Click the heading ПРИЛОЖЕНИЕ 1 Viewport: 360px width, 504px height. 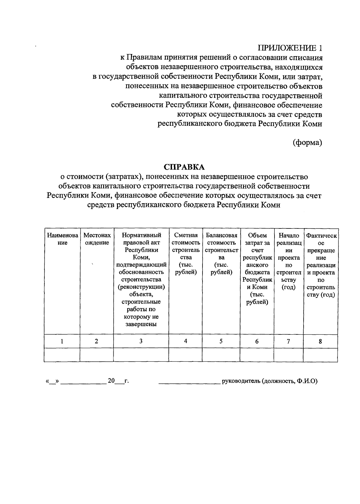[290, 48]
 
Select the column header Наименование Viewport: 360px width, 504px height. [62, 239]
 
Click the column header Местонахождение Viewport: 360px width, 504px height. [97, 239]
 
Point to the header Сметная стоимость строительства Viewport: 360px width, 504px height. [186, 254]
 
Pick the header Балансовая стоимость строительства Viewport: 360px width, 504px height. [221, 254]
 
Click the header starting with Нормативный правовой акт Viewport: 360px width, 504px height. [141, 279]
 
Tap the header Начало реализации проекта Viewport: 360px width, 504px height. [289, 261]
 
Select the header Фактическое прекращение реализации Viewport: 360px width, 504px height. [320, 265]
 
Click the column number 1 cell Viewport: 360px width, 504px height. [62, 341]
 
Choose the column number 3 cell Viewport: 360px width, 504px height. [141, 341]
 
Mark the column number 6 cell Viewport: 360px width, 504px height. [257, 341]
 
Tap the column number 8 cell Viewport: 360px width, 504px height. [320, 341]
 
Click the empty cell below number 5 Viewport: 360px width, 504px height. [221, 355]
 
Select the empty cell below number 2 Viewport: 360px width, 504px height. [97, 355]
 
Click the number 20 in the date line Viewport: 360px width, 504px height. [111, 381]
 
